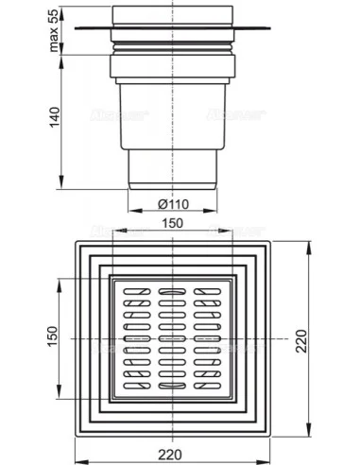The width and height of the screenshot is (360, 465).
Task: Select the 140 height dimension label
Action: [x=53, y=117]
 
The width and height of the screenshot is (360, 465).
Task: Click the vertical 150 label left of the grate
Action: [x=53, y=336]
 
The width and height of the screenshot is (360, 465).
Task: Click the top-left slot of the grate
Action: [x=131, y=289]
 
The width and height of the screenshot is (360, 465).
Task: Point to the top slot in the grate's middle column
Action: [x=171, y=288]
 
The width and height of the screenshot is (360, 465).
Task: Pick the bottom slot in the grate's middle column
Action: [x=171, y=386]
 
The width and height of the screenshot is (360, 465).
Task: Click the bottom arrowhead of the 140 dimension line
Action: [x=62, y=185]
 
